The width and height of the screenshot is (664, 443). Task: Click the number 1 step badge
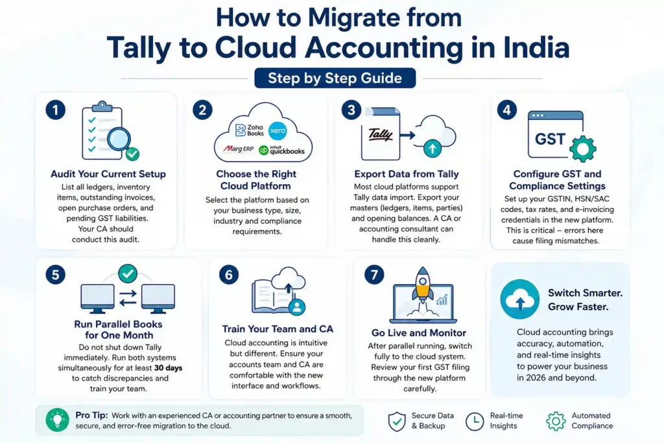56,110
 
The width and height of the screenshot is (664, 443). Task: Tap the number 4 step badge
507,110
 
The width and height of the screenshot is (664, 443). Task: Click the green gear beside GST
582,149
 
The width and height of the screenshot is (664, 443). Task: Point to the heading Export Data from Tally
407,174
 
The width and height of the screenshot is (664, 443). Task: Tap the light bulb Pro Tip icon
57,420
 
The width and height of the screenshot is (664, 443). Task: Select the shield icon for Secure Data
396,421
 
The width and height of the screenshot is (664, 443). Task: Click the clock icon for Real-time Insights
475,421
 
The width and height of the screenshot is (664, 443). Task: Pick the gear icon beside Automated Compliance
555,421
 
